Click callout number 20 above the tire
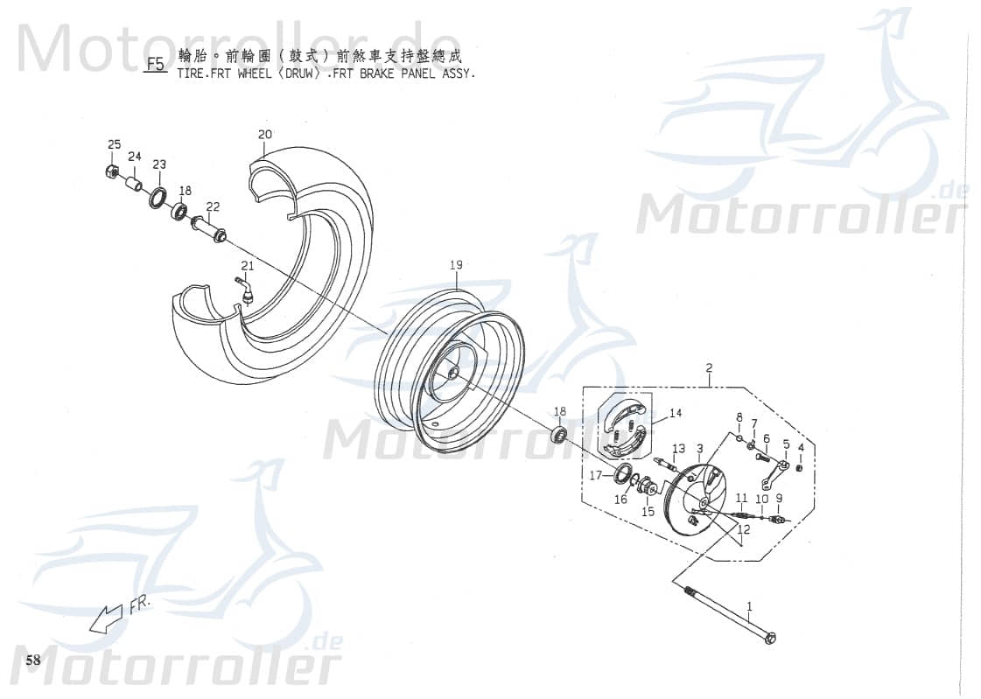[265, 135]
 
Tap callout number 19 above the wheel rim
[456, 265]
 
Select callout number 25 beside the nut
[115, 144]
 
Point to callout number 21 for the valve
[248, 266]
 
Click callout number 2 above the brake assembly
[709, 368]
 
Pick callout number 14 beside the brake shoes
[676, 414]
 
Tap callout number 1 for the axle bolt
[749, 605]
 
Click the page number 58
[33, 660]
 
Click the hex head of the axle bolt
[770, 640]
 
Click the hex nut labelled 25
[112, 171]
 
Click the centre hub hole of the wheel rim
[452, 372]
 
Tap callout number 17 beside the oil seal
[595, 477]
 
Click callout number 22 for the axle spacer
[213, 206]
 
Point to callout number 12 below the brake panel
[744, 529]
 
